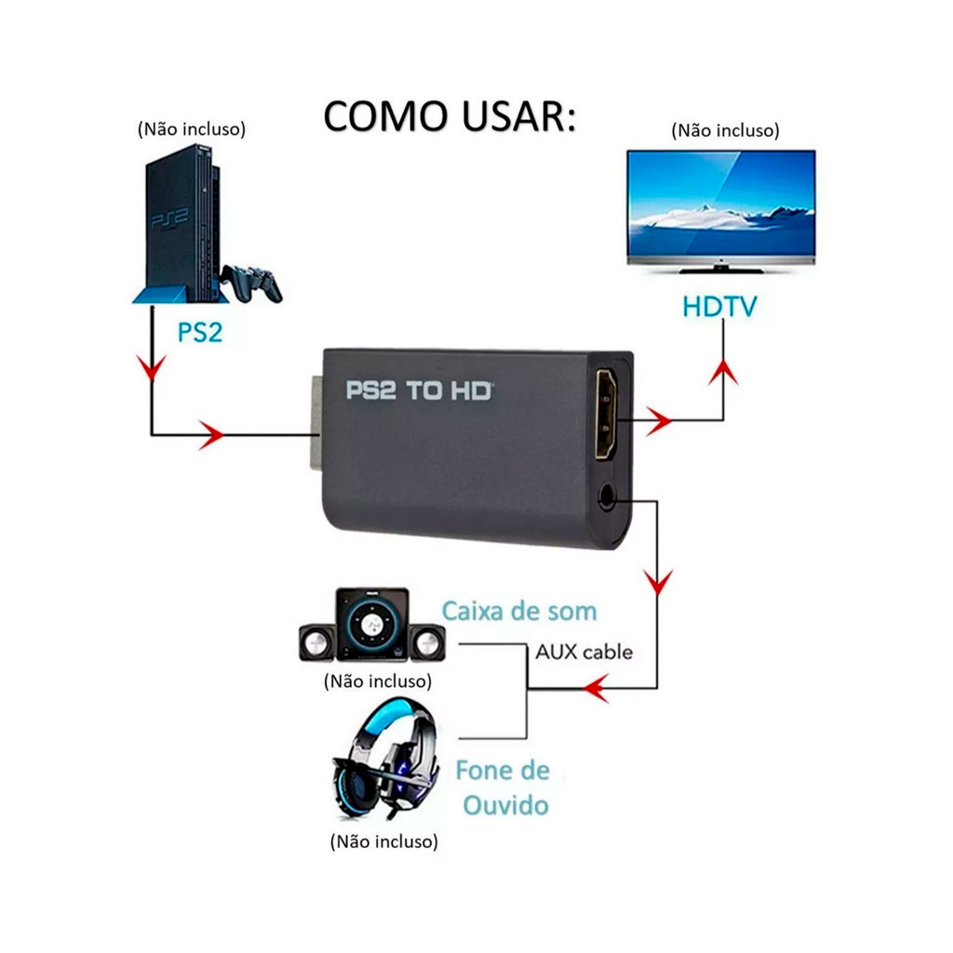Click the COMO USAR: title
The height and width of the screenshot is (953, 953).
[x=450, y=117]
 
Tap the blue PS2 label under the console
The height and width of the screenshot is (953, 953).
[x=200, y=331]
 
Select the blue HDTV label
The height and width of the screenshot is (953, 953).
[x=719, y=306]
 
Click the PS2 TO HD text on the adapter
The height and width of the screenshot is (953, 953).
[x=419, y=391]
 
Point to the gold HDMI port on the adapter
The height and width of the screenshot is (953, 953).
[x=606, y=415]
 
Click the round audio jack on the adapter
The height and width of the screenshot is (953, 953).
[x=608, y=497]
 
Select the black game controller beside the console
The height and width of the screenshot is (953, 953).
[x=252, y=282]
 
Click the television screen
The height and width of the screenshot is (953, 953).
[x=720, y=204]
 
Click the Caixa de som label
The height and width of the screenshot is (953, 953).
[x=518, y=611]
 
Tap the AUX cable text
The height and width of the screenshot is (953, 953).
[x=584, y=651]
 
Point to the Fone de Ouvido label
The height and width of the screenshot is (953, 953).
[x=503, y=787]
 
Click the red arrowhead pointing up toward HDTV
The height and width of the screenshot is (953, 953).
[x=723, y=373]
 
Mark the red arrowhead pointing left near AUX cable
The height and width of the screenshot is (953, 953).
[x=596, y=690]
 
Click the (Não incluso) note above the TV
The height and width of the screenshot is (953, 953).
[x=725, y=130]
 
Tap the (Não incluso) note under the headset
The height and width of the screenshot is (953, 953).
[x=383, y=842]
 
